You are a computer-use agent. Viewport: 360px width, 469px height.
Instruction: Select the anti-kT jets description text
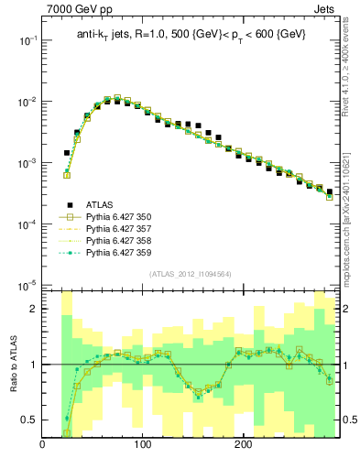point(191,34)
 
